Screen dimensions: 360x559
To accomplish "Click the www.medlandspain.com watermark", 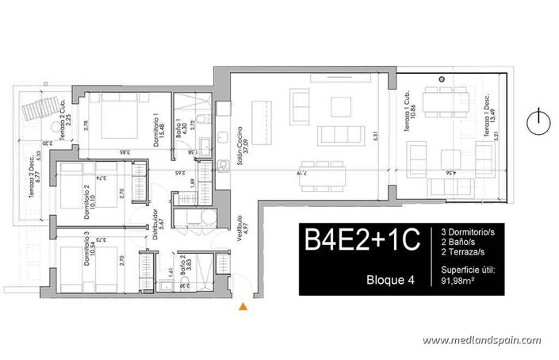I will click(481, 340).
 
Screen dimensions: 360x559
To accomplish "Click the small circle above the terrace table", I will click(442, 80).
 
